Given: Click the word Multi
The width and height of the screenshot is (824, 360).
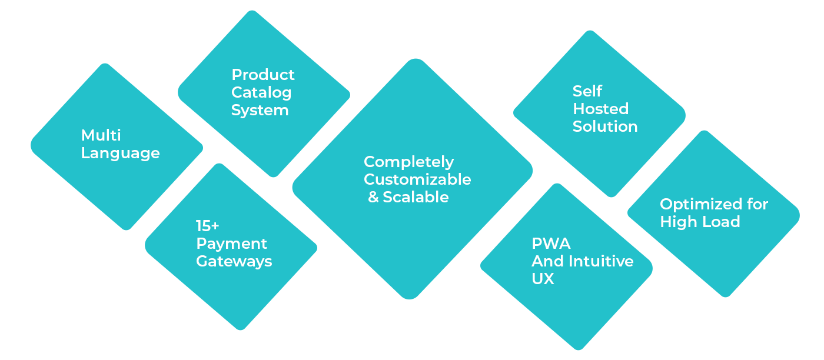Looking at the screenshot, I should [101, 135].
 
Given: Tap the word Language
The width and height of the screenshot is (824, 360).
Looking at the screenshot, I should [120, 154].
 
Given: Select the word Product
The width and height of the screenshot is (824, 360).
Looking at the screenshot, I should [263, 75].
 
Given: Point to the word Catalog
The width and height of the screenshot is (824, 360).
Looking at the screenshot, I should [261, 92].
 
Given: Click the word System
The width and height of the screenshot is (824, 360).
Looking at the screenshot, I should [260, 110].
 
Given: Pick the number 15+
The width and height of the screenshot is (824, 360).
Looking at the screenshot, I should [207, 226].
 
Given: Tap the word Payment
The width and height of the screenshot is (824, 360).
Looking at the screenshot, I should [231, 244].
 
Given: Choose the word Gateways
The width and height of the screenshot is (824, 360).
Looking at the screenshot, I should [234, 261].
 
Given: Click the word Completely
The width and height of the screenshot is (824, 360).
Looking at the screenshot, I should [408, 162].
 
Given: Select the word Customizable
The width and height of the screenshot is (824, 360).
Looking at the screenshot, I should [417, 179].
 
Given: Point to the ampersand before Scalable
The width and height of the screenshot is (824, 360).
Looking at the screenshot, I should [373, 197].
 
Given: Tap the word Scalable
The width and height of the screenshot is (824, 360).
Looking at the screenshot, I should [416, 197].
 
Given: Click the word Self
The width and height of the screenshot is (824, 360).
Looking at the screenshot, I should [587, 91].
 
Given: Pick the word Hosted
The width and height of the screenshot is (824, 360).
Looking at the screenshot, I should [600, 109].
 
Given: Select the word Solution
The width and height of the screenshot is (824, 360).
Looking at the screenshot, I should [605, 126].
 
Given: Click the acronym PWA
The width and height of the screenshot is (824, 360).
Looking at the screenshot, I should [551, 244].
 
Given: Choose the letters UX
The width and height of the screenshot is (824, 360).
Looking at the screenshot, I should [543, 279].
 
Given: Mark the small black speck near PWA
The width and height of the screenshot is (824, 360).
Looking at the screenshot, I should [626, 239].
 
